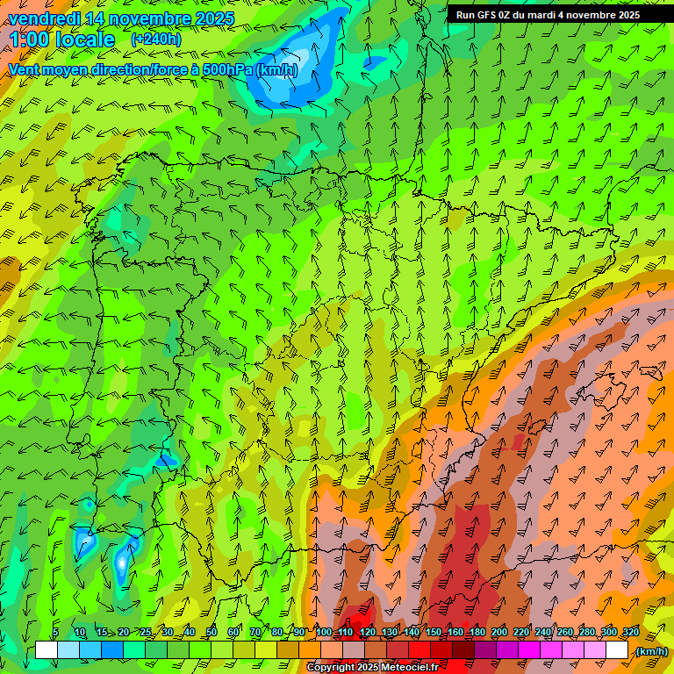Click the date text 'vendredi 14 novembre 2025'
click(x=121, y=18)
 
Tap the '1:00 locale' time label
click(x=63, y=39)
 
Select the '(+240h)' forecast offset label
click(x=156, y=39)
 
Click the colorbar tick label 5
click(x=54, y=633)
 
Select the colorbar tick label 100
click(x=324, y=633)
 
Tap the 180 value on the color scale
click(x=477, y=633)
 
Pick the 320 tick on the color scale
click(x=630, y=633)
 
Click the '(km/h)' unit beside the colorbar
click(x=651, y=651)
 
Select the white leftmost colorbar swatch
click(x=47, y=650)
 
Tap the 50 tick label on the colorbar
click(x=212, y=633)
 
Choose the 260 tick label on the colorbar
click(x=565, y=633)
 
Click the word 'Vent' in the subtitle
click(x=25, y=69)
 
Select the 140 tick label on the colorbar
click(x=412, y=633)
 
